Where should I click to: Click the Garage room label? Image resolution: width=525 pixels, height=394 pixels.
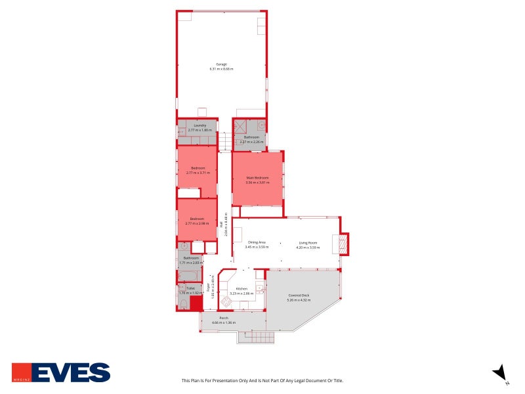coord(222,64)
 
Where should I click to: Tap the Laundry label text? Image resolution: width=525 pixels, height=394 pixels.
coord(200,125)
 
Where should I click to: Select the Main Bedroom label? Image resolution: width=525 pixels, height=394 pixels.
coord(257,178)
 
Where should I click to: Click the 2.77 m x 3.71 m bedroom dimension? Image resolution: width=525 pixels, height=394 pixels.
coord(198,173)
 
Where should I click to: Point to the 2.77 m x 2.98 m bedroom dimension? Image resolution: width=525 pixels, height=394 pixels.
coord(198,224)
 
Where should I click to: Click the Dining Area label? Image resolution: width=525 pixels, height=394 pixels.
coord(257,242)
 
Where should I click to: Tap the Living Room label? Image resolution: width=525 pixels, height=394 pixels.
coord(307,242)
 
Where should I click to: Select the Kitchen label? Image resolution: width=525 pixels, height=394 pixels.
coord(242,289)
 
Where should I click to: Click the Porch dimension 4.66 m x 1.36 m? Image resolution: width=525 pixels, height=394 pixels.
coord(223,323)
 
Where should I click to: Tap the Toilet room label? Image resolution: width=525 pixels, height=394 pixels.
coord(190,288)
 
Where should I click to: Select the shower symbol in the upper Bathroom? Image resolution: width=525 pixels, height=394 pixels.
coord(241,125)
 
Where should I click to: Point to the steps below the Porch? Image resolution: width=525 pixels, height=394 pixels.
coord(255,337)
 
